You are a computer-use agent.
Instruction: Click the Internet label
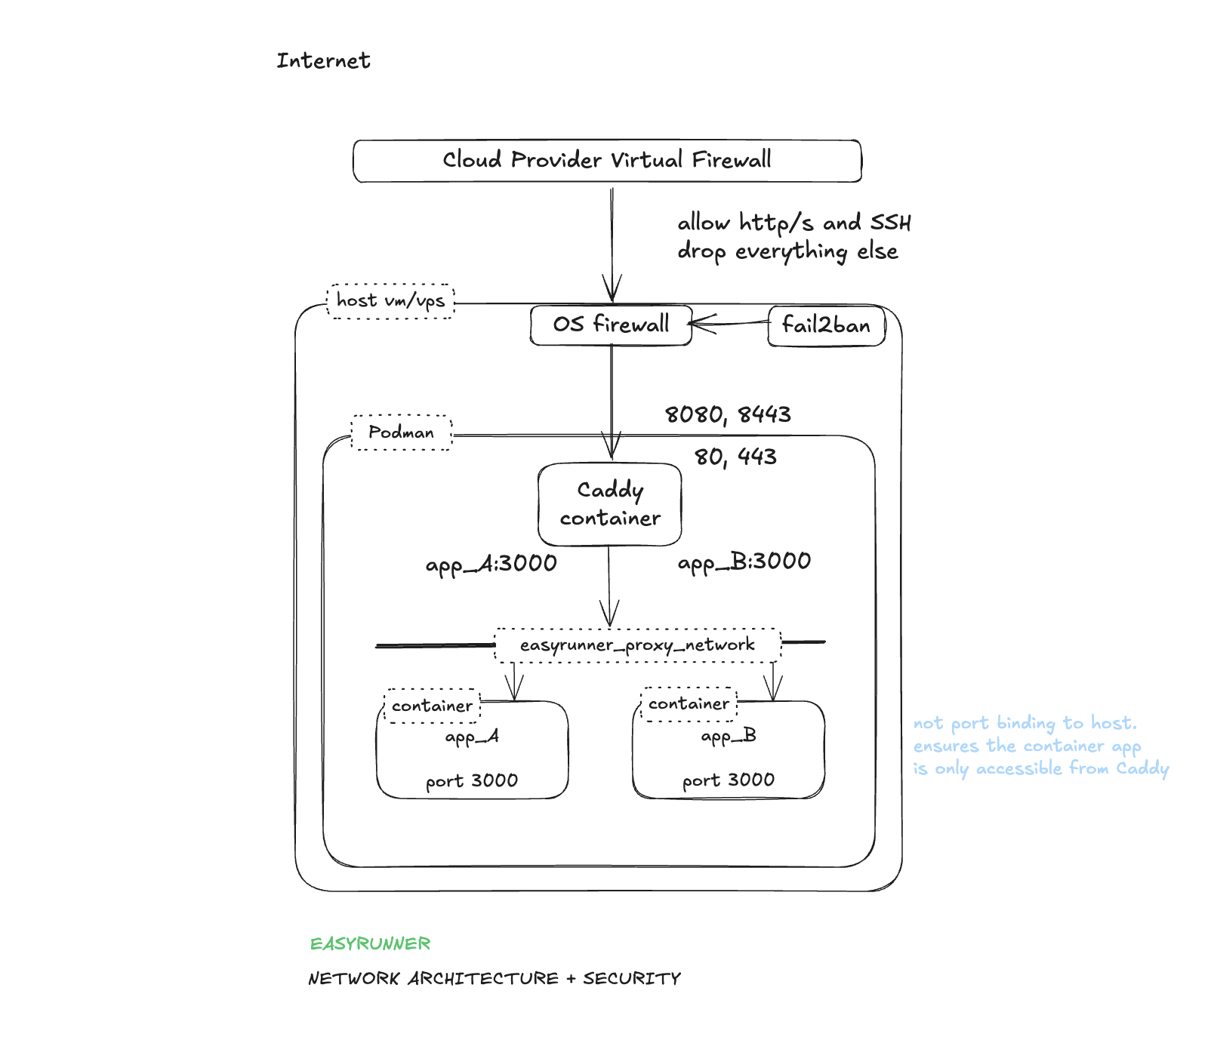pyautogui.click(x=323, y=60)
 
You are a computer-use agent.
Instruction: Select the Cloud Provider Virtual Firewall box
pyautogui.click(x=607, y=160)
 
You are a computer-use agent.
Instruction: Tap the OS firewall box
pyautogui.click(x=611, y=325)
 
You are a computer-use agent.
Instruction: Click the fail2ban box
pyautogui.click(x=826, y=325)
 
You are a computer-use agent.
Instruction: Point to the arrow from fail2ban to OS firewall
pyautogui.click(x=729, y=323)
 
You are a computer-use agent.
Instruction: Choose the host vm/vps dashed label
pyautogui.click(x=390, y=300)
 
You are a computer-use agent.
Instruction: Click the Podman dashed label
pyautogui.click(x=401, y=432)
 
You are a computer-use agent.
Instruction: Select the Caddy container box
pyautogui.click(x=610, y=504)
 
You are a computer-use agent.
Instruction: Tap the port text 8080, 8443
pyautogui.click(x=728, y=414)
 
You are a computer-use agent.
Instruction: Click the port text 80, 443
pyautogui.click(x=735, y=456)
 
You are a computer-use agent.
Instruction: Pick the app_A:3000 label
pyautogui.click(x=491, y=563)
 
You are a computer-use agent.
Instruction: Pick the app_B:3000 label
pyautogui.click(x=744, y=562)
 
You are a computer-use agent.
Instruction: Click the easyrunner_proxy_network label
pyautogui.click(x=637, y=645)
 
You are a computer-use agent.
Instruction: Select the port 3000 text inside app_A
pyautogui.click(x=472, y=780)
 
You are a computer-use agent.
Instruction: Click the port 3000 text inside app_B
pyautogui.click(x=729, y=780)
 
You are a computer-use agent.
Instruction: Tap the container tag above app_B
pyautogui.click(x=689, y=703)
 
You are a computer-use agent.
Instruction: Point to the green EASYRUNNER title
pyautogui.click(x=370, y=943)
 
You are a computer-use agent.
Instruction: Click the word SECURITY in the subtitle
pyautogui.click(x=631, y=978)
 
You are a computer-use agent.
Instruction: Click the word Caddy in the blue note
pyautogui.click(x=1142, y=768)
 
